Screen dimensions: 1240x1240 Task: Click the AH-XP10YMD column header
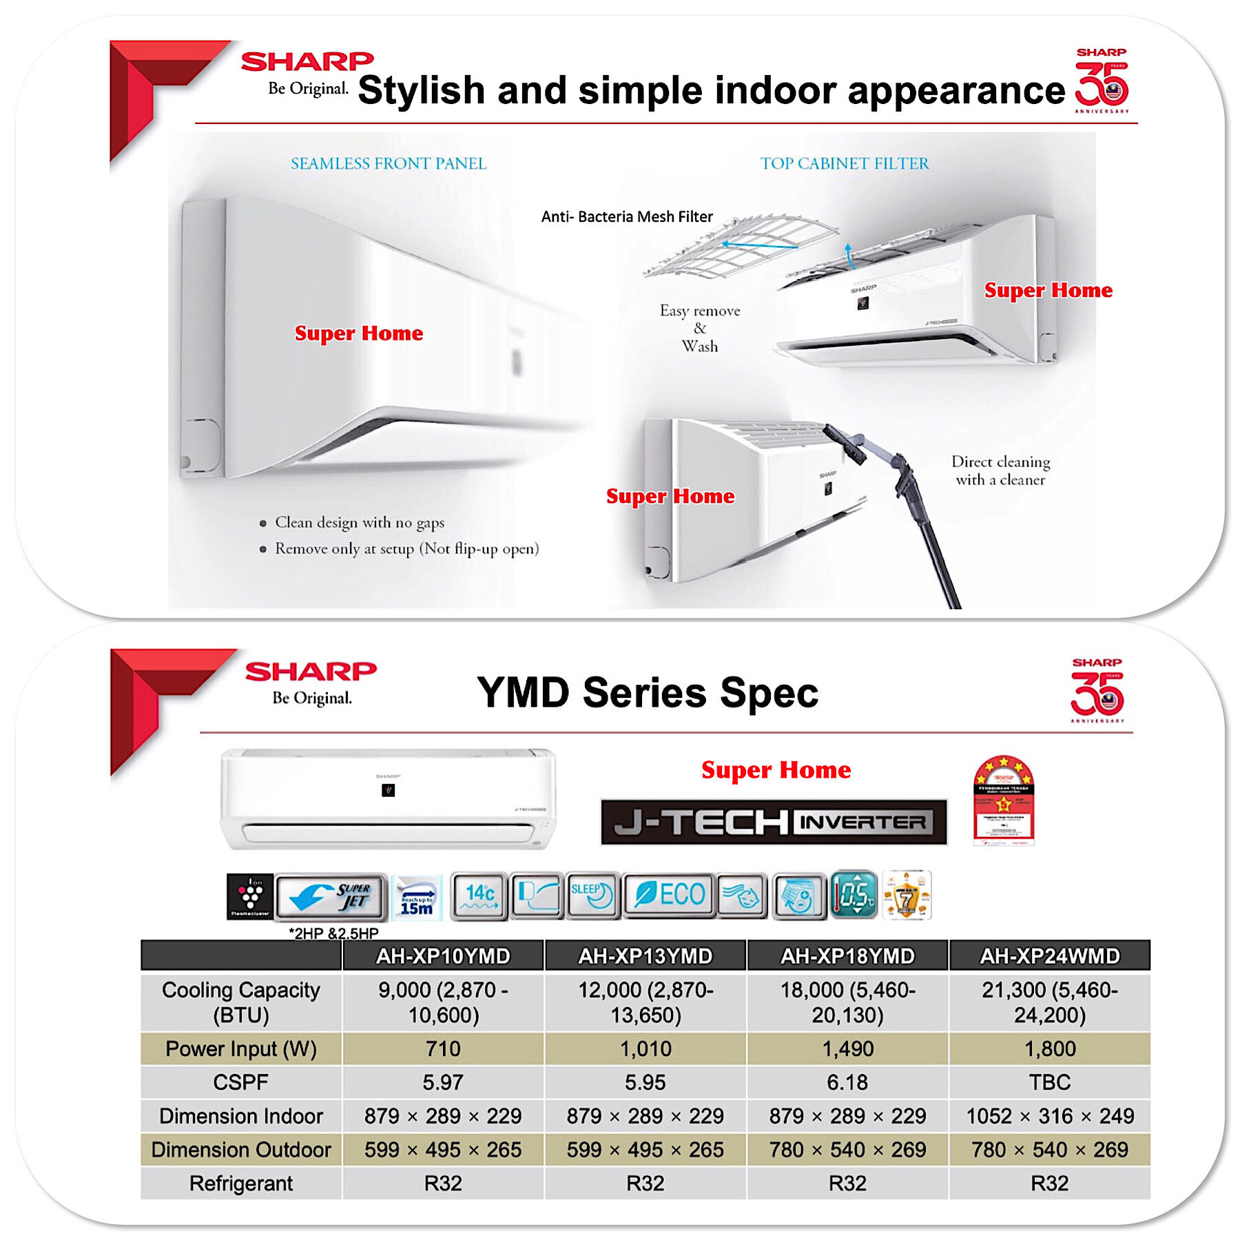point(443,956)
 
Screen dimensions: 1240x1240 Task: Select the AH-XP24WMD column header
point(1050,956)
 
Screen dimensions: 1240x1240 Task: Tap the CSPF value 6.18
point(847,1082)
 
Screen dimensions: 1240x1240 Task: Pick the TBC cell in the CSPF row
point(1050,1082)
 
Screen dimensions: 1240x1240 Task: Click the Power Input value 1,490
point(847,1048)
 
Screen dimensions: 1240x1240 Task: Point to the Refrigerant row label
point(241,1184)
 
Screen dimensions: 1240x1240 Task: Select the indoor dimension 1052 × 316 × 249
point(1050,1116)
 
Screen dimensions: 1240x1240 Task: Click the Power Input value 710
point(443,1048)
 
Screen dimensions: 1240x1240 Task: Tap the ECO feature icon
point(669,896)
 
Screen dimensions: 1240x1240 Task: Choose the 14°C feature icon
point(479,896)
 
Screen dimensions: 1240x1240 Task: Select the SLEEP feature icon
point(592,896)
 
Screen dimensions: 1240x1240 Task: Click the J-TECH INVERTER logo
point(774,822)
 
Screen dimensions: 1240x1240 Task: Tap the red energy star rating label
point(1004,800)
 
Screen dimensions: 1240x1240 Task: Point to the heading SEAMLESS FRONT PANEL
point(389,164)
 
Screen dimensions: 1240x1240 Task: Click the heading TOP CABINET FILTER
point(845,164)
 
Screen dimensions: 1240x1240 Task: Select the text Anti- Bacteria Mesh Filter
point(627,217)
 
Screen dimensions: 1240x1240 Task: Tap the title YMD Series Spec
point(648,692)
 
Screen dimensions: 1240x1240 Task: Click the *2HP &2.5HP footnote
point(333,933)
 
